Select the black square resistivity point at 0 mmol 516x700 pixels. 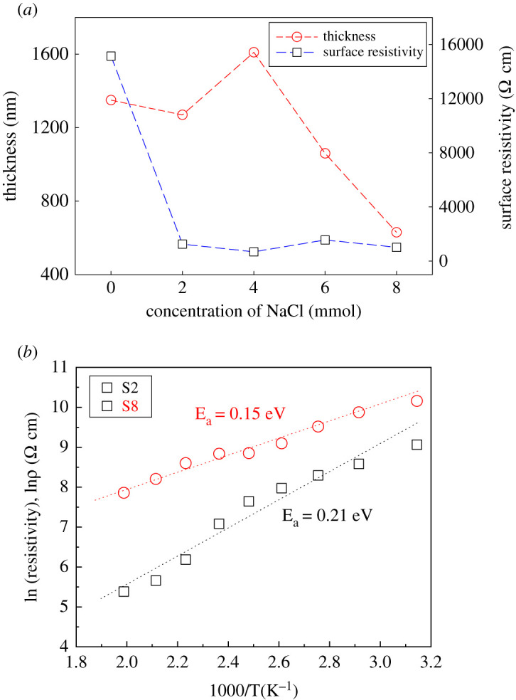[111, 56]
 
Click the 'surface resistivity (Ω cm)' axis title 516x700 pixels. [506, 149]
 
